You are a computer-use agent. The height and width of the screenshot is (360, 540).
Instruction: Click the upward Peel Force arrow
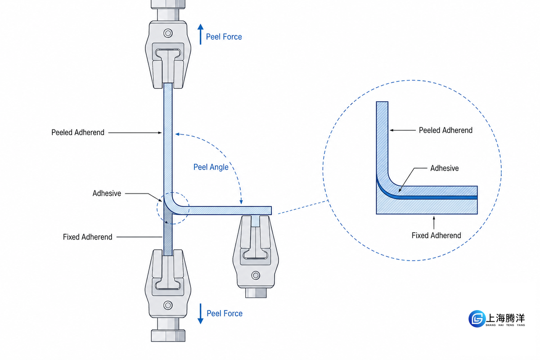200,34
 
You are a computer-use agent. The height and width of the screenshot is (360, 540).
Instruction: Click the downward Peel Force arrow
200,314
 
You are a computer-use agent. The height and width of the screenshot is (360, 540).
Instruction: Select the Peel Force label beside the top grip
224,37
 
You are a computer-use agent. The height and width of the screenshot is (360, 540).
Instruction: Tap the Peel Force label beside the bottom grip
225,314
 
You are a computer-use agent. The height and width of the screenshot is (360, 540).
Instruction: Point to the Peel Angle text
211,167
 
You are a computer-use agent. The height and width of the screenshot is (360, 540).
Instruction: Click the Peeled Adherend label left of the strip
78,132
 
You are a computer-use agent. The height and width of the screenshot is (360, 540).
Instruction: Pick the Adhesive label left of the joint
107,193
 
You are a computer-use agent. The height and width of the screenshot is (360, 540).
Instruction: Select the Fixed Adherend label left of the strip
87,237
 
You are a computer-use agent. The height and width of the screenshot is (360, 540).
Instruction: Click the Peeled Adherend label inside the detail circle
445,130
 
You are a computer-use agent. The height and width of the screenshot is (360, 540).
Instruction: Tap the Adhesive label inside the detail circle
445,168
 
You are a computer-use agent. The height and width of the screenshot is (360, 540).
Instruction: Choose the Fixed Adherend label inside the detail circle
436,235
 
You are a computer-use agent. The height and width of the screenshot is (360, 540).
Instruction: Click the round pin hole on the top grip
168,33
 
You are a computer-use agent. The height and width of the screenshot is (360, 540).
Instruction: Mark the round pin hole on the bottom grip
168,305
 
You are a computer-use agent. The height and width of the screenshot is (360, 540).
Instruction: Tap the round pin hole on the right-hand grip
256,275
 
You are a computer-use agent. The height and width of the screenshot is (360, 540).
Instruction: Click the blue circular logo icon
477,319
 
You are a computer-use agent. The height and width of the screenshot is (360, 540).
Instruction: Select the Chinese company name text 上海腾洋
505,318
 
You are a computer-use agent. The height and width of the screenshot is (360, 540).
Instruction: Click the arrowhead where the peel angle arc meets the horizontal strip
241,202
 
